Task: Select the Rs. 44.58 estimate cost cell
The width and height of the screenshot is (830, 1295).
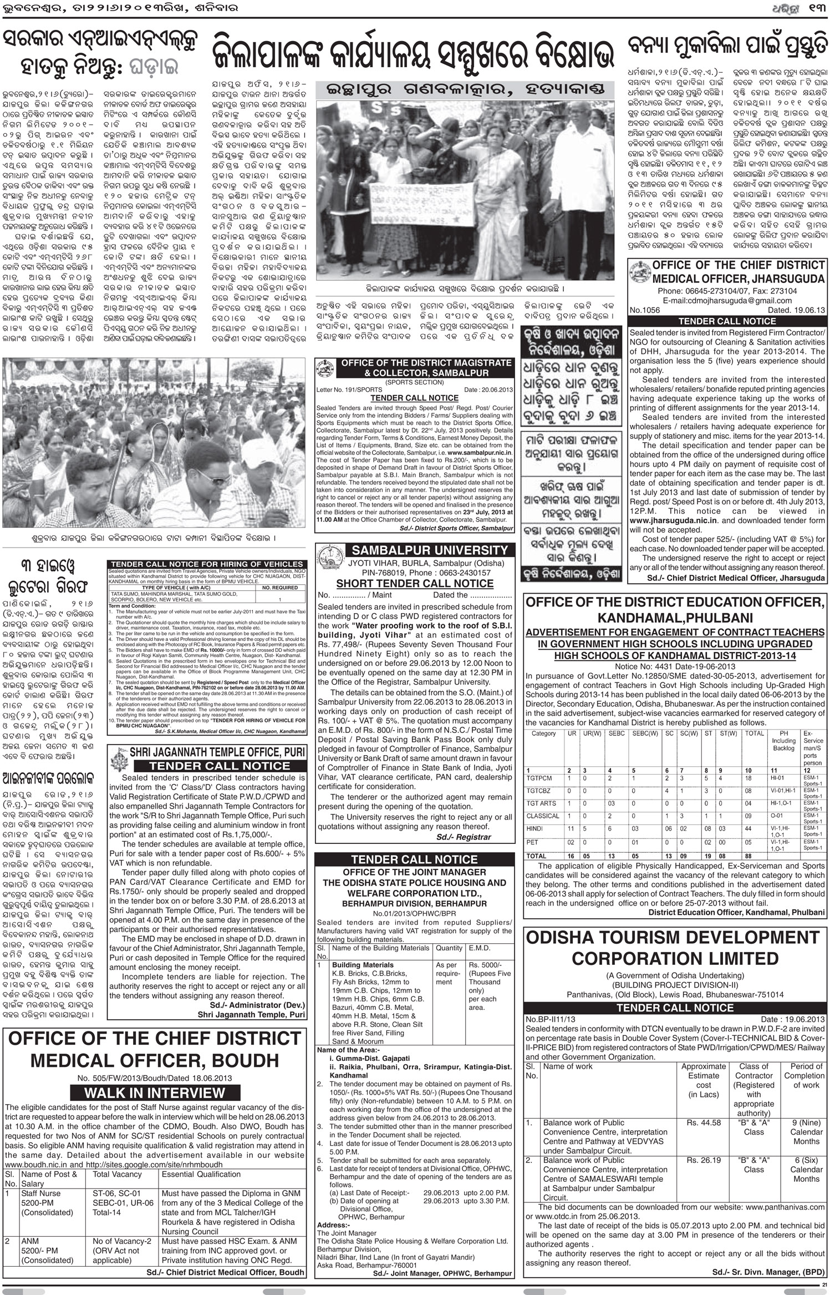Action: (x=704, y=1122)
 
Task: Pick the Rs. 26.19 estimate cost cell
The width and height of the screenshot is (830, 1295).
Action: (x=704, y=1160)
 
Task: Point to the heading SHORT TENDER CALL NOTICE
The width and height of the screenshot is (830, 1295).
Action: (x=415, y=583)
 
